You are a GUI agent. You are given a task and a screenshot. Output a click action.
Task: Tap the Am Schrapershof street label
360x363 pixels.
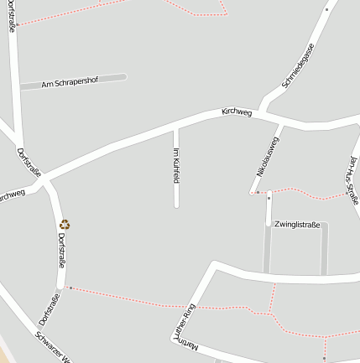[70, 82]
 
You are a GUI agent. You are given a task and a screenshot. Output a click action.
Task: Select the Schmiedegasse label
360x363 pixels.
[298, 65]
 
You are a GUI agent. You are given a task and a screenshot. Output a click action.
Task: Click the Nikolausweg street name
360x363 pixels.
[268, 156]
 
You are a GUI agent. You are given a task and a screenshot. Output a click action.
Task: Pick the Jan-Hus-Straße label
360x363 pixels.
[353, 179]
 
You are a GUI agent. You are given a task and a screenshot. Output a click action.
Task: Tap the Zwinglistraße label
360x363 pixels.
[297, 225]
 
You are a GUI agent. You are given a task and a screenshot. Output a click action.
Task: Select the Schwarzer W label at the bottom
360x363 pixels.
[52, 345]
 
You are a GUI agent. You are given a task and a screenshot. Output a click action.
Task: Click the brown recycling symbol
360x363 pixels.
[65, 224]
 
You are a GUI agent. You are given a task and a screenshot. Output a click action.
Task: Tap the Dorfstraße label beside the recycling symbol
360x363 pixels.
[61, 250]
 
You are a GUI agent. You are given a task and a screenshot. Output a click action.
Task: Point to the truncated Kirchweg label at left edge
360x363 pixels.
[11, 195]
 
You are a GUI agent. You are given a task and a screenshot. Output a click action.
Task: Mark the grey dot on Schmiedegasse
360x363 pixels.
[326, 10]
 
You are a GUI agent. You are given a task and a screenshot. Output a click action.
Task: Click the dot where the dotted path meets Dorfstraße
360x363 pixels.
[70, 288]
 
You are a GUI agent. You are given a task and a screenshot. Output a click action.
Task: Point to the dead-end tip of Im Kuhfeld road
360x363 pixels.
[176, 205]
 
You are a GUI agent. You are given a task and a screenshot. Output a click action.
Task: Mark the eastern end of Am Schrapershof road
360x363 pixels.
[123, 77]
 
